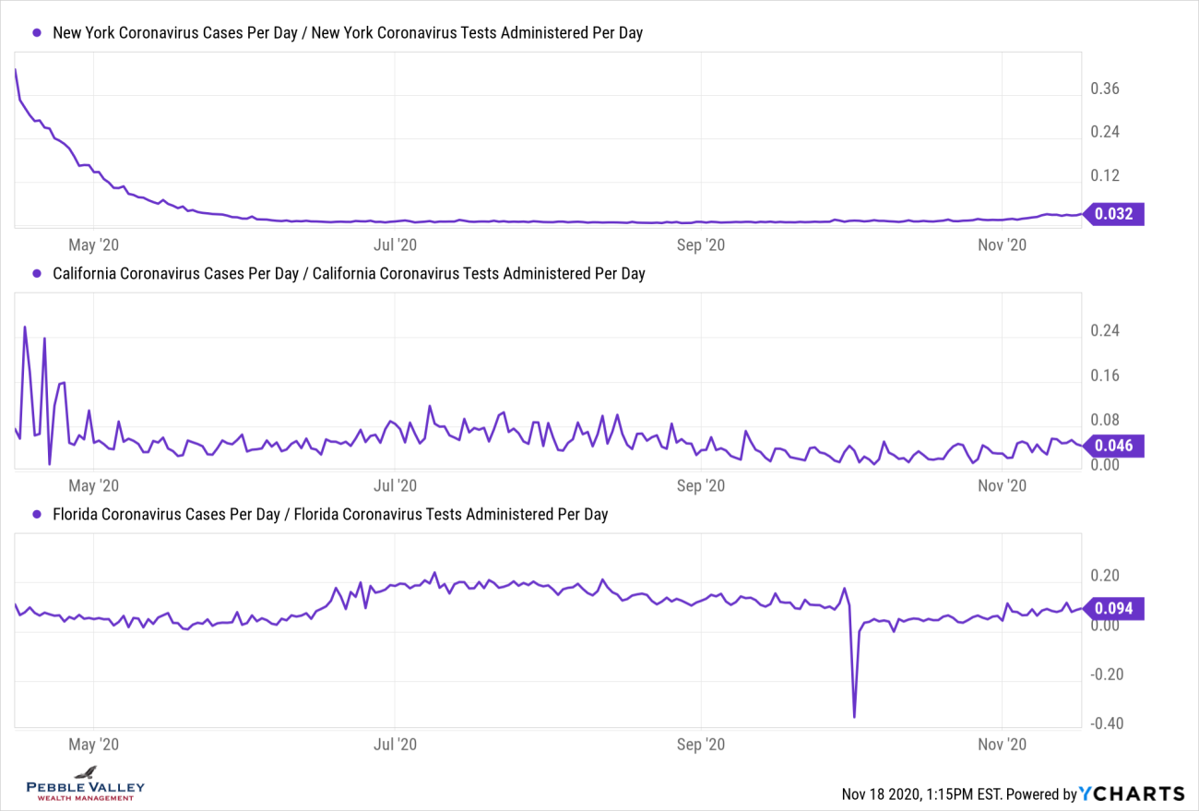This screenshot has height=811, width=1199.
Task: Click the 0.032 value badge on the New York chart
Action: pyautogui.click(x=1113, y=214)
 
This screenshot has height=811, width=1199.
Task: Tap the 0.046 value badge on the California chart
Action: pyautogui.click(x=1113, y=446)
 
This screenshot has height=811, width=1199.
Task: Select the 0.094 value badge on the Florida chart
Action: pyautogui.click(x=1113, y=608)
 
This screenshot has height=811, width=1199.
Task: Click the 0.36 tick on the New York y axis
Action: pyautogui.click(x=1105, y=89)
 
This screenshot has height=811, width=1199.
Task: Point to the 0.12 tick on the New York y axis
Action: pyautogui.click(x=1105, y=175)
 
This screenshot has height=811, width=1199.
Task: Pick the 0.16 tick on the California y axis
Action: pyautogui.click(x=1105, y=376)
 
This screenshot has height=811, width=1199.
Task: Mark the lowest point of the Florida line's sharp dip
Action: pyautogui.click(x=854, y=717)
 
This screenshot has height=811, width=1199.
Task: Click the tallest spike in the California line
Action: pyautogui.click(x=25, y=327)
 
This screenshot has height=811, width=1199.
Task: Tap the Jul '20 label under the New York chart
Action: pyautogui.click(x=395, y=244)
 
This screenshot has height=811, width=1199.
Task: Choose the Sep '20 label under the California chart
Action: pyautogui.click(x=703, y=485)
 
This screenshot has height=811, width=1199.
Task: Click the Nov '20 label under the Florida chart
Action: pyautogui.click(x=1003, y=744)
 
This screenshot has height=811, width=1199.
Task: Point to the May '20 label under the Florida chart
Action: pyautogui.click(x=95, y=744)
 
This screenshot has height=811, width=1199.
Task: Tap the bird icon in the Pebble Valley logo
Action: pyautogui.click(x=86, y=772)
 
